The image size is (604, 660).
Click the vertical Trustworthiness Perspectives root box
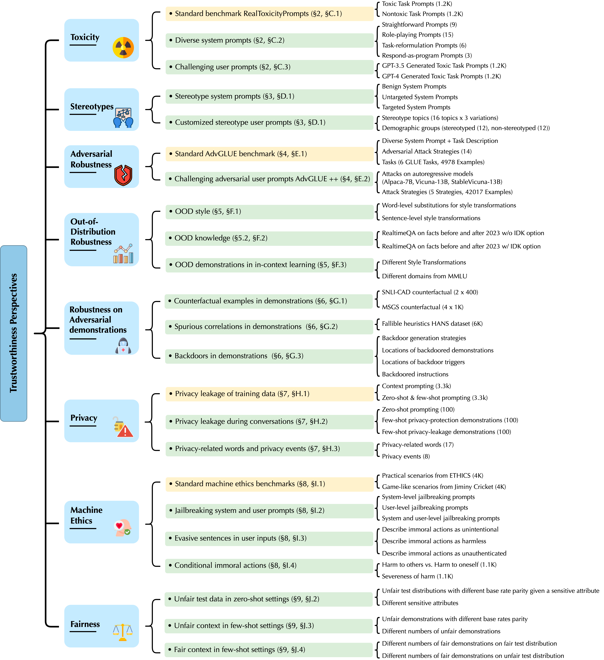pos(14,333)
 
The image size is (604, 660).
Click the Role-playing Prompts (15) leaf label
pos(418,35)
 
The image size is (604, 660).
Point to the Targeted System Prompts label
pos(416,107)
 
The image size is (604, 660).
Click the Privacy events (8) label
pos(406,456)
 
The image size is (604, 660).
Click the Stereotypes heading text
pos(92,107)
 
